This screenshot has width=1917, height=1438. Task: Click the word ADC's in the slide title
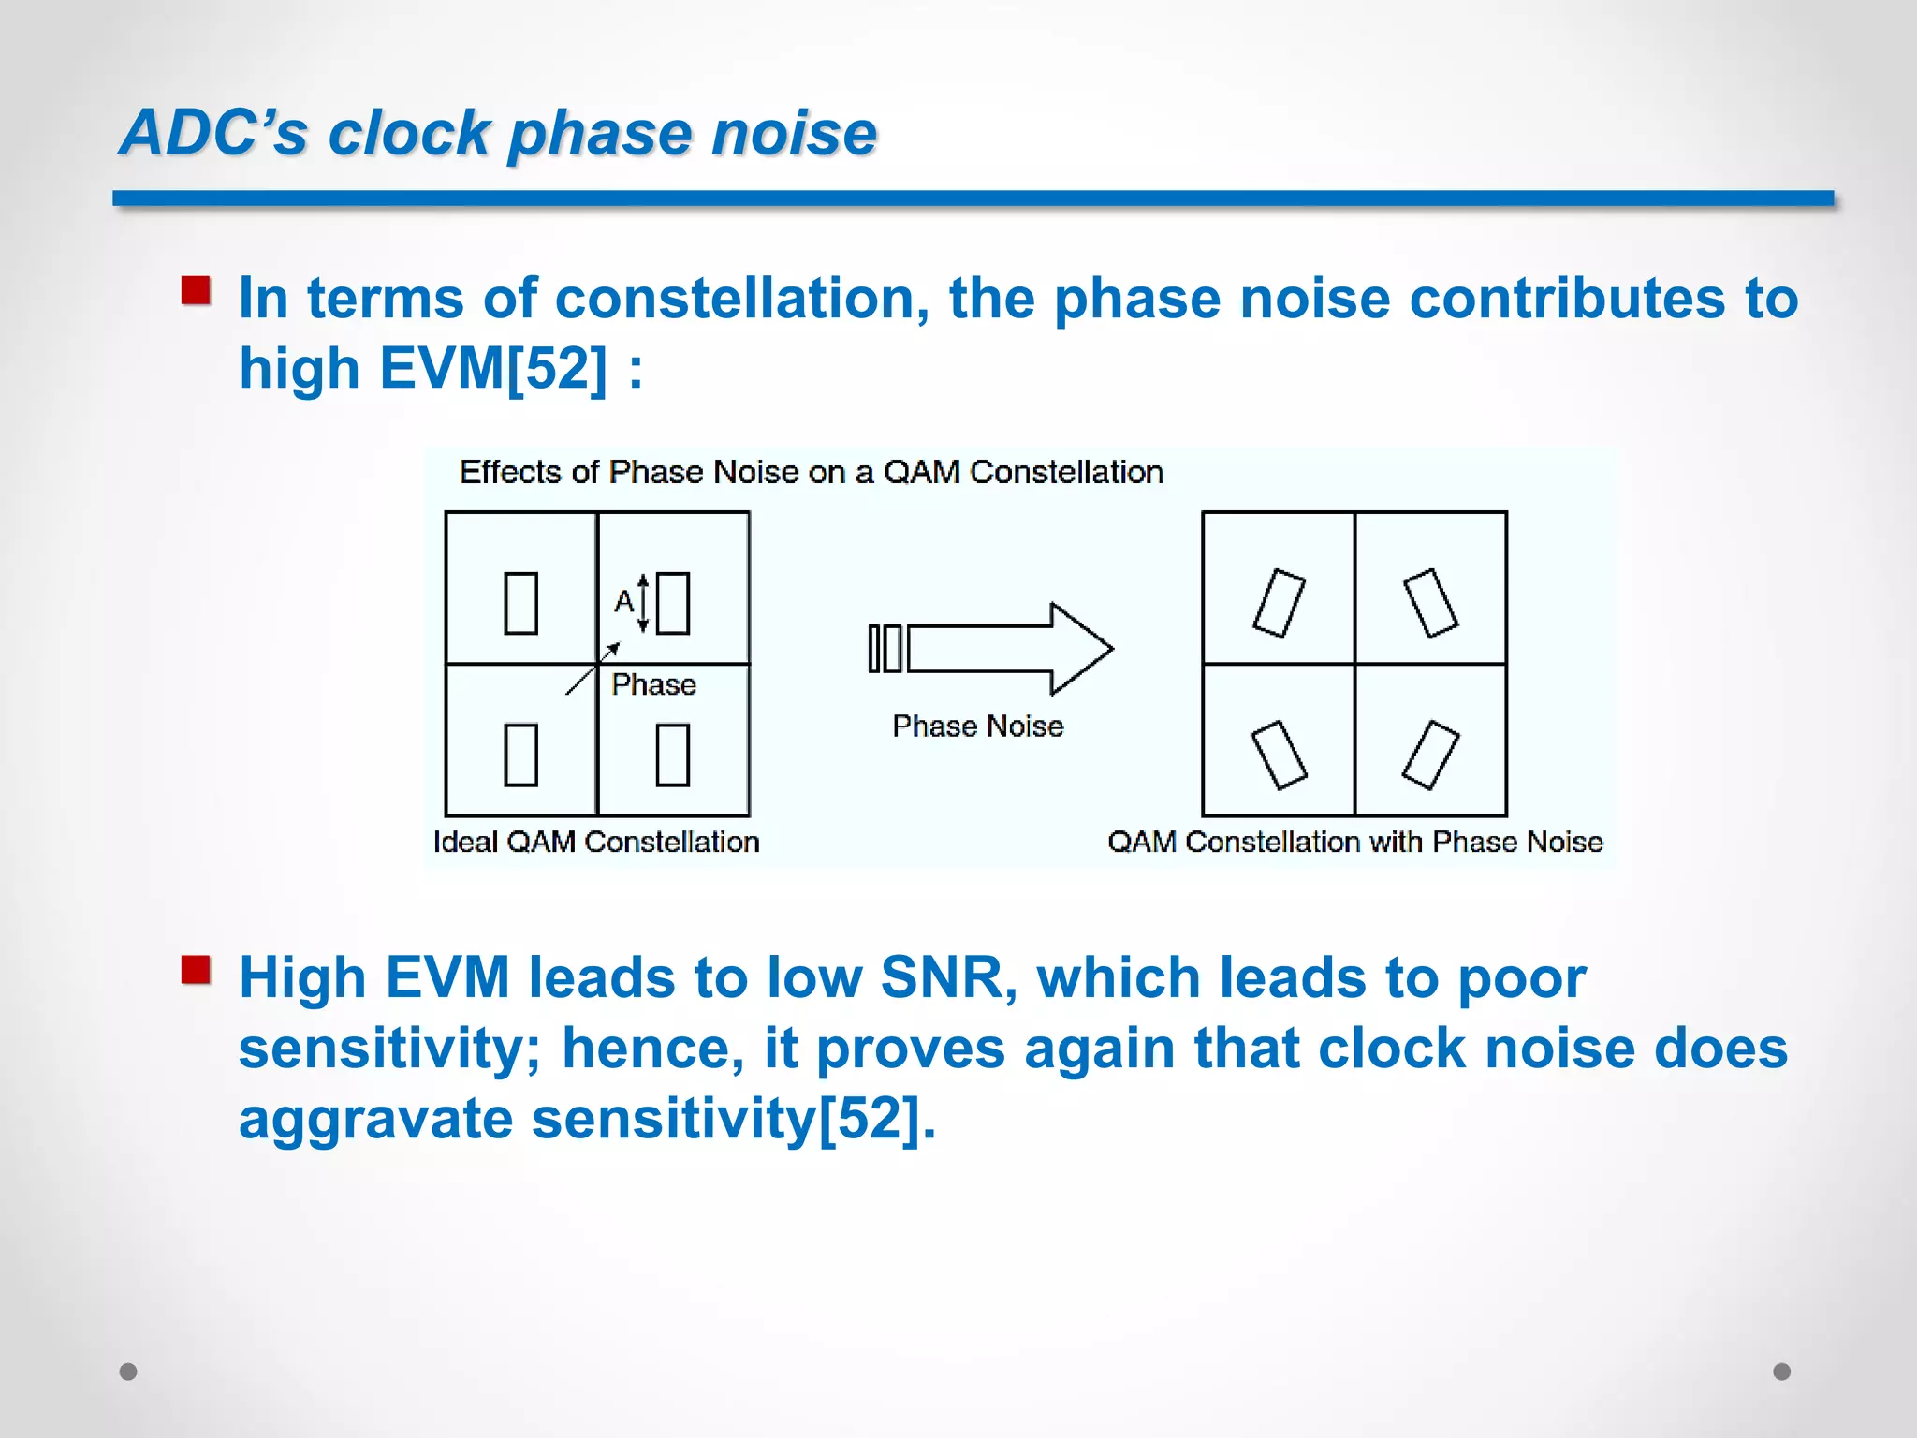coord(213,133)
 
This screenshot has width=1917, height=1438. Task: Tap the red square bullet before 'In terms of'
coord(196,291)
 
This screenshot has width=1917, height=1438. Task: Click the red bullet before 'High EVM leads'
coord(196,970)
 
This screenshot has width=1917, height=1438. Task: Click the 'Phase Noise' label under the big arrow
coord(977,726)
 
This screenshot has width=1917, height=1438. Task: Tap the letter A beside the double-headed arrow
coord(623,601)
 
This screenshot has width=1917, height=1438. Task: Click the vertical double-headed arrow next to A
coord(643,604)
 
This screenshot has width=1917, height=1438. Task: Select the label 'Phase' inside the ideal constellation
coord(653,684)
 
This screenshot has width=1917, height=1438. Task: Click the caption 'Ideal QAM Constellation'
coord(596,842)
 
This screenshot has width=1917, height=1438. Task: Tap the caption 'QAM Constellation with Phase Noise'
coord(1354,842)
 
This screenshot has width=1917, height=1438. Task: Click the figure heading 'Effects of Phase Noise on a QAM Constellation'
coord(811,472)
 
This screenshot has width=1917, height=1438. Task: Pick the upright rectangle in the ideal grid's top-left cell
coord(520,604)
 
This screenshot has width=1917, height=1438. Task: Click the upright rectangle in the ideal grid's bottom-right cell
coord(673,755)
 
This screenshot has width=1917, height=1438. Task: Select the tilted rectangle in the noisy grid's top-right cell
coord(1430,604)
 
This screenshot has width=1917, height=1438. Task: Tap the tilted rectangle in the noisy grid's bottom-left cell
coord(1279,755)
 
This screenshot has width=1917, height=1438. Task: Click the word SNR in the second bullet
coord(948,978)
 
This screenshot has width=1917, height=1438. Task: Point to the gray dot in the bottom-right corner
coord(1781,1372)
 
